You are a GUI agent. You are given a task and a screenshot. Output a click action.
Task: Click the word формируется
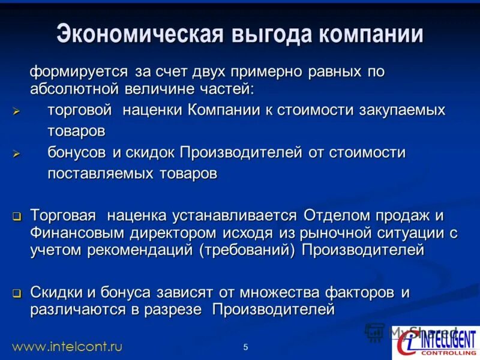tap(79, 72)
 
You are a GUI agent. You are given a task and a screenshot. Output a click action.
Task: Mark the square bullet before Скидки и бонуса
tap(17, 294)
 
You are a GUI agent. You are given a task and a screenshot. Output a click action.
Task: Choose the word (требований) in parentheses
tap(248, 250)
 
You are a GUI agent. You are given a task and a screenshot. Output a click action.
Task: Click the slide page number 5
tap(246, 347)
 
